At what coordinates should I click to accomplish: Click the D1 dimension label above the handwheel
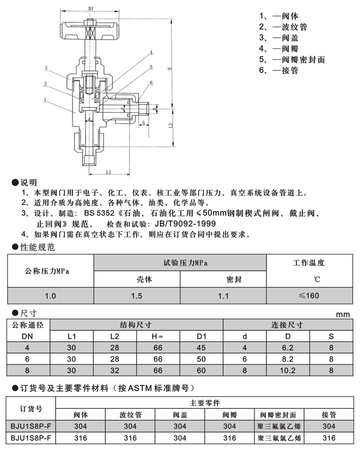(90, 8)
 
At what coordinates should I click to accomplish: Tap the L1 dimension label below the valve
(108, 172)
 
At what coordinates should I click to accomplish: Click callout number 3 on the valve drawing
(45, 68)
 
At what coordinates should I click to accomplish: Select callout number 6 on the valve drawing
(150, 82)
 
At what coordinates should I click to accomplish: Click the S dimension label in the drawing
(143, 122)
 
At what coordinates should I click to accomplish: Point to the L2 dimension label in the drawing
(170, 124)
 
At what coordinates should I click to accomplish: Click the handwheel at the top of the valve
(90, 30)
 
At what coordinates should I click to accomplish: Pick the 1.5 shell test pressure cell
(136, 295)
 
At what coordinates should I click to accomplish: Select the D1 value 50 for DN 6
(201, 358)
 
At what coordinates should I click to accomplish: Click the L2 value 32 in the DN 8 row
(115, 370)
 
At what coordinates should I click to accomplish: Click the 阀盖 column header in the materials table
(180, 414)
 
